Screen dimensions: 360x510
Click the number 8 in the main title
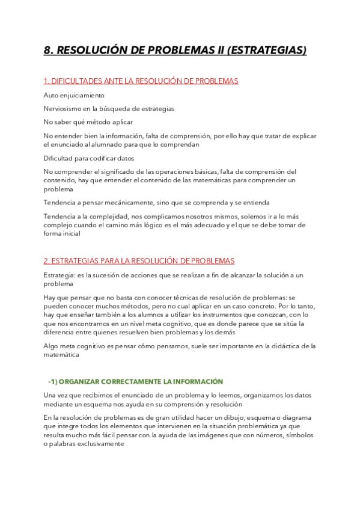pyautogui.click(x=47, y=51)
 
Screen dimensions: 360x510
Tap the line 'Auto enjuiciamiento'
pyautogui.click(x=74, y=95)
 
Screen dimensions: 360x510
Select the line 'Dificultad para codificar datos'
pyautogui.click(x=89, y=158)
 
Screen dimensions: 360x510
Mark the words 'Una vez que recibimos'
pyautogui.click(x=79, y=395)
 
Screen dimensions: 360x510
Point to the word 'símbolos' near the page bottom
pyautogui.click(x=298, y=435)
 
